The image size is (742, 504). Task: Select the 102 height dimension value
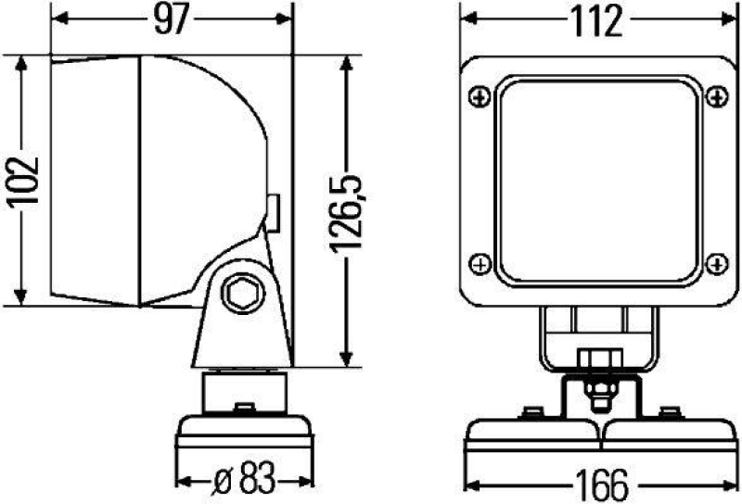[29, 180]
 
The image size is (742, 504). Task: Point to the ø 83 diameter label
[240, 482]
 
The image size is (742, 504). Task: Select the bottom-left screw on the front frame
[479, 264]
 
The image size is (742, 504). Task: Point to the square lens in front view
[595, 180]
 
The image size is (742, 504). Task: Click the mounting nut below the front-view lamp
[594, 359]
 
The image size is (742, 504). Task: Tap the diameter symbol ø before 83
[220, 482]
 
